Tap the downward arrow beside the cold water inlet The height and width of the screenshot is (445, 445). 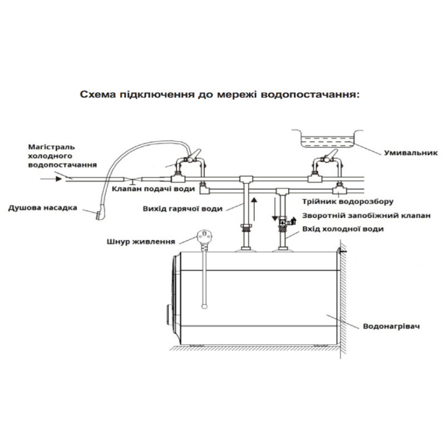pos(274,210)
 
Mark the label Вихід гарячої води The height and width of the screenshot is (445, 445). pos(182,209)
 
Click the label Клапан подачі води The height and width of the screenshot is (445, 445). pos(153,189)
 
